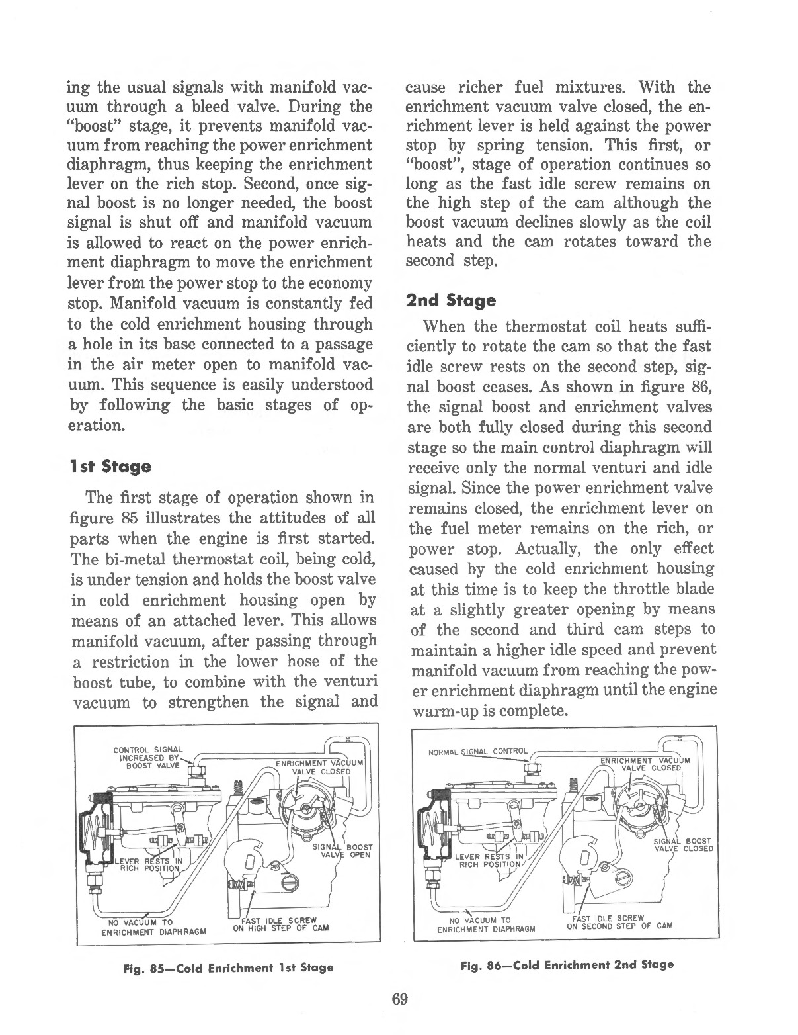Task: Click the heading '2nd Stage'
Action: coord(451,301)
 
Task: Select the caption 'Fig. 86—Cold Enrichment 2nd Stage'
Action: coord(567,964)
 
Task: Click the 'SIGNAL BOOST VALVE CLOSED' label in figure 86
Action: coord(683,845)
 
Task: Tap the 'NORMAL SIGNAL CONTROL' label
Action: coord(478,751)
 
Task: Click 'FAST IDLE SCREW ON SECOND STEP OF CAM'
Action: coord(619,921)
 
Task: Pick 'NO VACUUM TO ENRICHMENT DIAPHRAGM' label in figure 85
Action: coord(153,927)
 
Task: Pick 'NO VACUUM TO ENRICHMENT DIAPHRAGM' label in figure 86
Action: coord(489,924)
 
